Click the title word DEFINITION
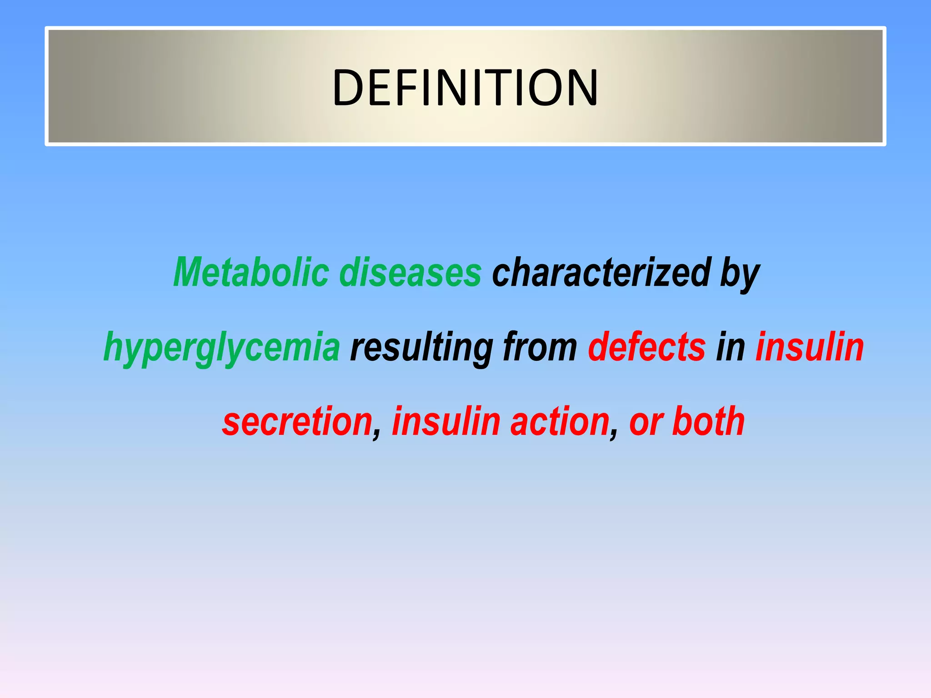pyautogui.click(x=465, y=87)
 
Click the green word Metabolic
pyautogui.click(x=251, y=273)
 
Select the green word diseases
pyautogui.click(x=410, y=273)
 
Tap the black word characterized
pyautogui.click(x=601, y=273)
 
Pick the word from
pyautogui.click(x=540, y=347)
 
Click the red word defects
pyautogui.click(x=647, y=347)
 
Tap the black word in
pyautogui.click(x=731, y=347)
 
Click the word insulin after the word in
pyautogui.click(x=810, y=347)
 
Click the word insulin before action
pyautogui.click(x=446, y=422)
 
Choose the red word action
pyautogui.click(x=560, y=422)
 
